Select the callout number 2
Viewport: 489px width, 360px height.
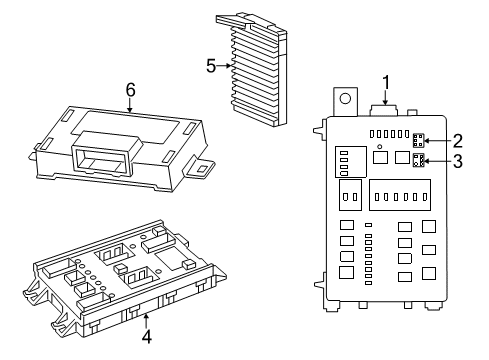tap(457, 140)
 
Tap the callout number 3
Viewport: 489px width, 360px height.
tap(457, 160)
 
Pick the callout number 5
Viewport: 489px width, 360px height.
tap(211, 66)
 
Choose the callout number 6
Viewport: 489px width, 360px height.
tap(130, 91)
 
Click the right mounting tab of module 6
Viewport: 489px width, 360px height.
tap(207, 167)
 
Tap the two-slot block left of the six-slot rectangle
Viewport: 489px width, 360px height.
tap(350, 193)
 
